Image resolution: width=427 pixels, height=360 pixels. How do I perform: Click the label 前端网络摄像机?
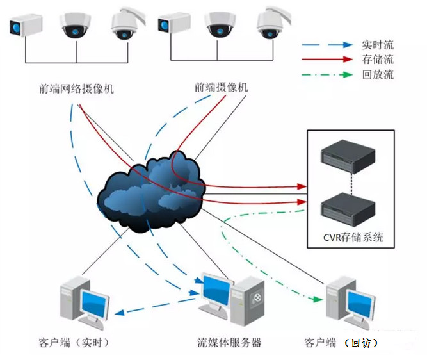click(76, 88)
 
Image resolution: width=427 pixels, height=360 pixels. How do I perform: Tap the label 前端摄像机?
click(221, 87)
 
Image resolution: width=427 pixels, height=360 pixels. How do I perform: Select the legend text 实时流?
click(378, 45)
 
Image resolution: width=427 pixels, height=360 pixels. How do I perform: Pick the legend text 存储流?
click(378, 60)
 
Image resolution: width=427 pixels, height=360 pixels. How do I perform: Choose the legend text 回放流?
click(378, 74)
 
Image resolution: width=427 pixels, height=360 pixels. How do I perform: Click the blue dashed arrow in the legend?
click(326, 45)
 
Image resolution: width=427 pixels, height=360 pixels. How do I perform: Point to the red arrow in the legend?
click(326, 60)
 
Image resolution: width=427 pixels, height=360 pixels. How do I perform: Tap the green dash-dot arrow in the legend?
click(326, 74)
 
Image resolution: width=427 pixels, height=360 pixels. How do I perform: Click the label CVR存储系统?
click(353, 238)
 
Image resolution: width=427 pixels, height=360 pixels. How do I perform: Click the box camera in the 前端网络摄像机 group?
click(25, 27)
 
